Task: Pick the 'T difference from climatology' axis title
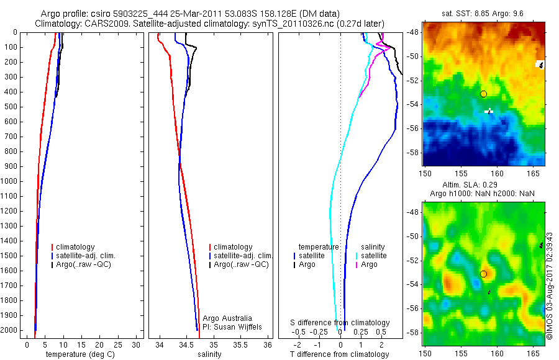click(340, 354)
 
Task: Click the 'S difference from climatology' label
click(340, 323)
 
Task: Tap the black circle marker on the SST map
click(483, 94)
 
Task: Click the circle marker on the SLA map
click(483, 274)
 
